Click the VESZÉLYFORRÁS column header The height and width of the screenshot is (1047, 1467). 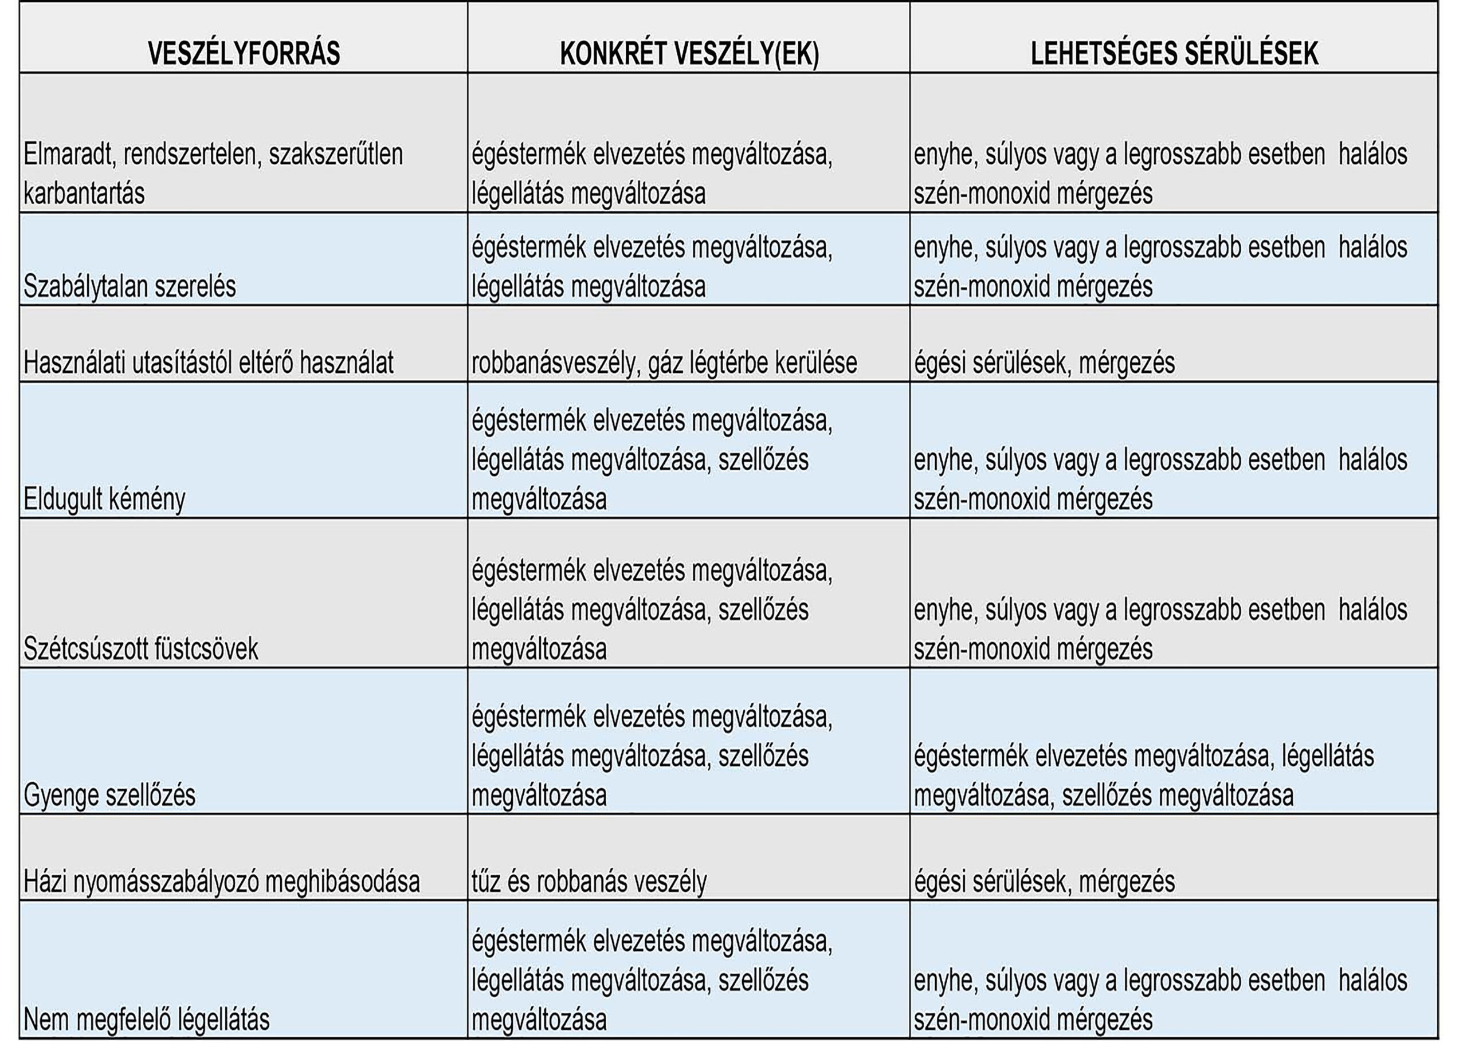pos(244,53)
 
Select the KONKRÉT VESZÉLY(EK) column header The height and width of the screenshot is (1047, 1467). pos(689,53)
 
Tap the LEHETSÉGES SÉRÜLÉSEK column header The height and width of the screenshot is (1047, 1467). pos(1174,53)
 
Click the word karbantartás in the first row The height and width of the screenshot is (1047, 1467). pos(84,194)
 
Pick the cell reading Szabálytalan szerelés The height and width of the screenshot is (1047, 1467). pos(130,286)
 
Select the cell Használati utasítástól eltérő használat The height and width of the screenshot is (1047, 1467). pos(208,363)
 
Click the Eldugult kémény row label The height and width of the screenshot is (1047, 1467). pos(104,499)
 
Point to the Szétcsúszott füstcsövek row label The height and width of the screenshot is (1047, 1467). pos(140,648)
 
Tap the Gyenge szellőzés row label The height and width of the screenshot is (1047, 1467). pos(109,795)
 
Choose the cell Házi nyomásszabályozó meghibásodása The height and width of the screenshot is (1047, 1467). pos(221,881)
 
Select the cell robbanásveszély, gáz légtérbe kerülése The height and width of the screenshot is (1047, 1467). pos(664,363)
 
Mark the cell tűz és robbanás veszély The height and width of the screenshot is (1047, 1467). pos(589,881)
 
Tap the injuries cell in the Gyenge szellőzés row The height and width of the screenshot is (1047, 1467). pos(1143,775)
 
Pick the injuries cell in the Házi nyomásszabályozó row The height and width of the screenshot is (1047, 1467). pos(1044,881)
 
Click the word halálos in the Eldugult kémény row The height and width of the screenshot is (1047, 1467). pos(1372,460)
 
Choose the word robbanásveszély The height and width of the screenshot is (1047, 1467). pos(553,363)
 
